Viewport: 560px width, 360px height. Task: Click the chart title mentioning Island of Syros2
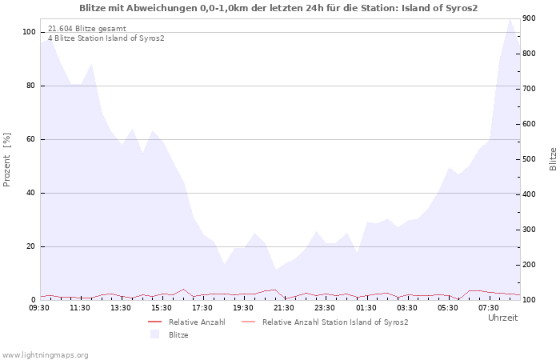tap(278, 8)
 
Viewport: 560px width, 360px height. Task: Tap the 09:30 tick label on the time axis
tap(39, 308)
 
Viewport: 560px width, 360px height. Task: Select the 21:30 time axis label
tap(284, 308)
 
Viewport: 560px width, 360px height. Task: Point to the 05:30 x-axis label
tap(447, 308)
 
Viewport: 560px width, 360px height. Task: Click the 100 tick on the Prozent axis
tap(29, 32)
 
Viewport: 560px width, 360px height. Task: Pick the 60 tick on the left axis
tap(30, 139)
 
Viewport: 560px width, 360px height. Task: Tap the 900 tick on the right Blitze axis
tap(530, 18)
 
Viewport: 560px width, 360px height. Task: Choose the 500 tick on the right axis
tap(530, 159)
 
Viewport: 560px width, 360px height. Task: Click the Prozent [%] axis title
tap(6, 160)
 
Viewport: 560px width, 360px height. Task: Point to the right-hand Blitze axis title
tap(553, 159)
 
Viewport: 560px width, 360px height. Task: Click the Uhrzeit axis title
tap(503, 318)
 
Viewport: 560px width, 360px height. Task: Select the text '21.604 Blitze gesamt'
tap(87, 29)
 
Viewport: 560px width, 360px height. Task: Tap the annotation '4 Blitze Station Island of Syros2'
tap(106, 38)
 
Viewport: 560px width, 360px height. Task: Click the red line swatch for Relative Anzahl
tap(155, 322)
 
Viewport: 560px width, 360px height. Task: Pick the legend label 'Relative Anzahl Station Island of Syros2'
tap(335, 322)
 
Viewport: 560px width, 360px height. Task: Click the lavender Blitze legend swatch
tap(155, 334)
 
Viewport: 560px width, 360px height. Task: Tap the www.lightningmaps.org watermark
tap(44, 355)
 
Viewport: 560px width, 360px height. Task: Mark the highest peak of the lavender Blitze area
tap(510, 19)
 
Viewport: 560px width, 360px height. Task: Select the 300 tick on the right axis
tap(530, 230)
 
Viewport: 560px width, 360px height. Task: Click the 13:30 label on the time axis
tap(121, 308)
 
